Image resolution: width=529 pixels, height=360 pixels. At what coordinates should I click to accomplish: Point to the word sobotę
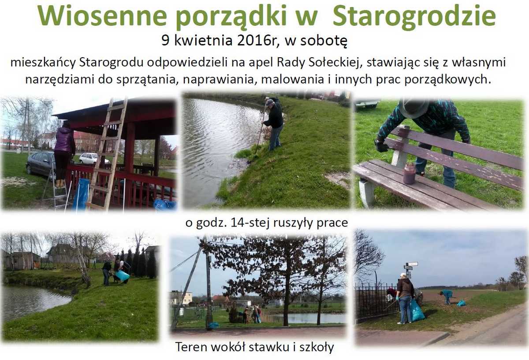(324, 41)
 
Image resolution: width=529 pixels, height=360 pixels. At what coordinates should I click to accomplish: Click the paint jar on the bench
(409, 174)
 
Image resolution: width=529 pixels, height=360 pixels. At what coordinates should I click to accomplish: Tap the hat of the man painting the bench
(414, 108)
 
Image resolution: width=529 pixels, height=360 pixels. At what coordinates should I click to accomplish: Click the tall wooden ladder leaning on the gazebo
(108, 153)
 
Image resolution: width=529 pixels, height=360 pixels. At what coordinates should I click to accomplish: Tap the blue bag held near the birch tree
(123, 275)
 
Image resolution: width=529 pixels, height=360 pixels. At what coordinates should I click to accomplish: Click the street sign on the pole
(411, 266)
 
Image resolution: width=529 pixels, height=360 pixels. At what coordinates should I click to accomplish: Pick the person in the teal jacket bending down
(446, 296)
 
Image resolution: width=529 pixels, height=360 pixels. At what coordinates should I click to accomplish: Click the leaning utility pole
(188, 286)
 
